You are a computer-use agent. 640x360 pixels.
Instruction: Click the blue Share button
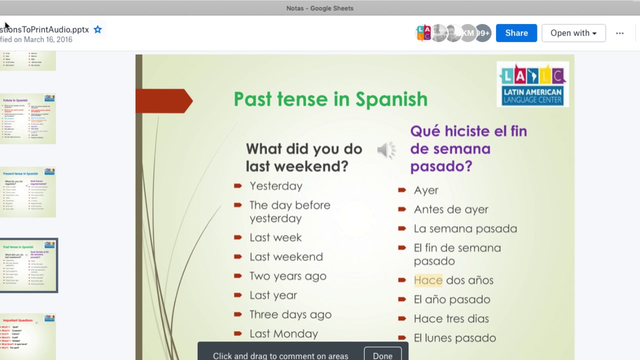516,33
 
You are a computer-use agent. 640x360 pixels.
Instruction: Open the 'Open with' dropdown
573,33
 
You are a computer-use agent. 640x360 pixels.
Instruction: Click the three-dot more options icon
619,33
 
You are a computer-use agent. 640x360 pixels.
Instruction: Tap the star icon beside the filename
98,29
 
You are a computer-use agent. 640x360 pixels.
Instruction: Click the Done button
382,354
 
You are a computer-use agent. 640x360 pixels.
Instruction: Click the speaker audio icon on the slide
385,149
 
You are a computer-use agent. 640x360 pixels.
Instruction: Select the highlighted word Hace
428,280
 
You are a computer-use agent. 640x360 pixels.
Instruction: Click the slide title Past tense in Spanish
330,99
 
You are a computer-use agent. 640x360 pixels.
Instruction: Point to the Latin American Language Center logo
532,84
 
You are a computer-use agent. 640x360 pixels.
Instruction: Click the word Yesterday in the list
275,186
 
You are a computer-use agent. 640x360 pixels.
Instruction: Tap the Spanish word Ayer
426,190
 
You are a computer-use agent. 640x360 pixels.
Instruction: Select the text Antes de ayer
450,209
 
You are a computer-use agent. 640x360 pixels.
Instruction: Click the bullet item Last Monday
283,333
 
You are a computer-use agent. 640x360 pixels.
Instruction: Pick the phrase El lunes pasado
454,338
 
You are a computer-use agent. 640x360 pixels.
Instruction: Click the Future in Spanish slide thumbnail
28,119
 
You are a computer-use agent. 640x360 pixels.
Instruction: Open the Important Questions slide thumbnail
28,336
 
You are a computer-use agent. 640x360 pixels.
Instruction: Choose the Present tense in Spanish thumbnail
28,192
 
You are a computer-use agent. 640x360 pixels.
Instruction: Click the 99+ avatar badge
483,33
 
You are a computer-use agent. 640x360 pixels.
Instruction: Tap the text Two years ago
287,276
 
